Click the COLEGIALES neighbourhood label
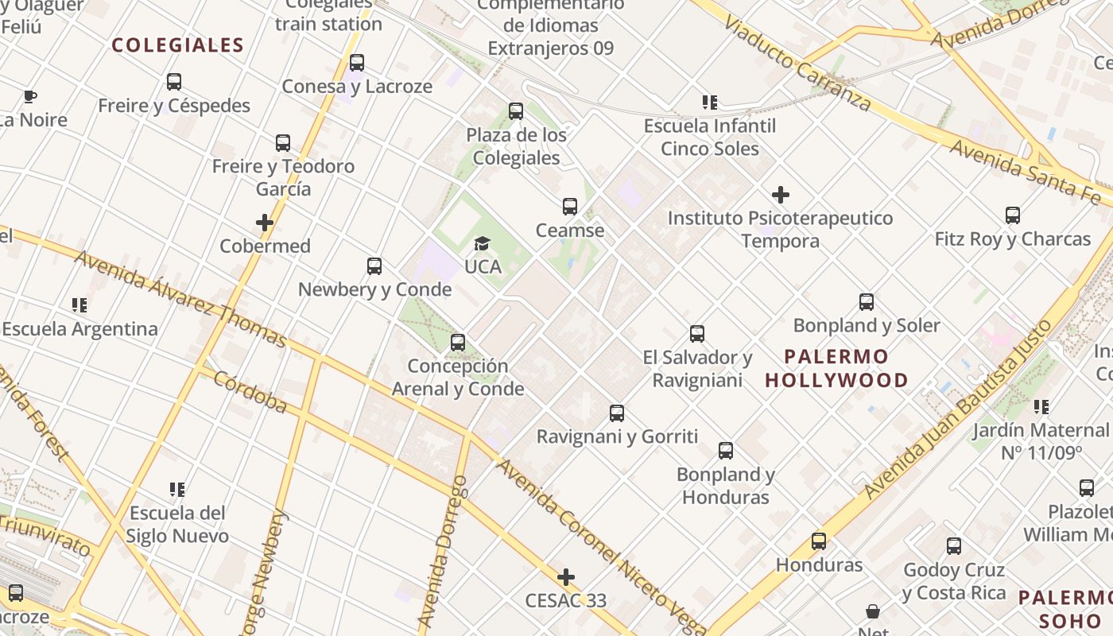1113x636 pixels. pyautogui.click(x=177, y=45)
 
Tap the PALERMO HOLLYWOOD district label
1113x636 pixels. pyautogui.click(x=836, y=368)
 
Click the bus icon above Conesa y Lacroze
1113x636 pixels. pyautogui.click(x=357, y=63)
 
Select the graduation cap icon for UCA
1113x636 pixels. pyautogui.click(x=482, y=243)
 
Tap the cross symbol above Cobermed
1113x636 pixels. pyautogui.click(x=265, y=223)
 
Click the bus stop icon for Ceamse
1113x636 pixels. pyautogui.click(x=569, y=207)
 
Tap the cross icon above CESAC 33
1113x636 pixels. pyautogui.click(x=566, y=576)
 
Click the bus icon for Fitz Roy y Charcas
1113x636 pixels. pyautogui.click(x=1012, y=215)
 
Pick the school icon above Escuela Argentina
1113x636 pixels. pyautogui.click(x=79, y=305)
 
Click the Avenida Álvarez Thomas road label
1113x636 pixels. pyautogui.click(x=180, y=299)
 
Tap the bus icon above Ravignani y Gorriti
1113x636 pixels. pyautogui.click(x=617, y=413)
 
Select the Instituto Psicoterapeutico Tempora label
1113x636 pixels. pyautogui.click(x=780, y=229)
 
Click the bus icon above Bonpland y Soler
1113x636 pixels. pyautogui.click(x=867, y=302)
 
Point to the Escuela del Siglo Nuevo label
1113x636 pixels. pyautogui.click(x=177, y=524)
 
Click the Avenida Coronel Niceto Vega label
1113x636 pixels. pyautogui.click(x=600, y=548)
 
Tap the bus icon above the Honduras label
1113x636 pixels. pyautogui.click(x=819, y=541)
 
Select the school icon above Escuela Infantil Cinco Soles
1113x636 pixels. pyautogui.click(x=710, y=102)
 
